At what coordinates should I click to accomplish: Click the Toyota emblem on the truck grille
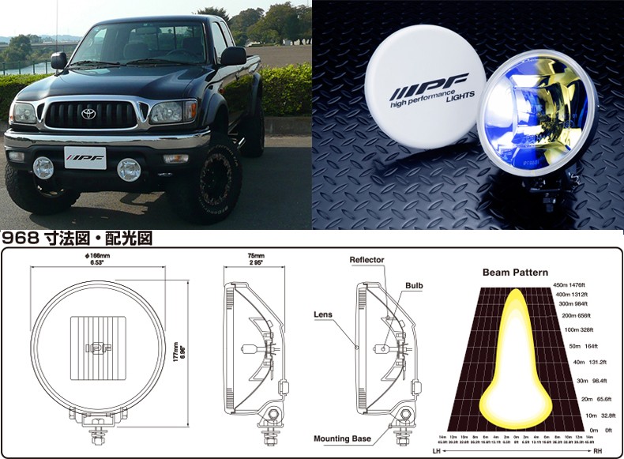pos(88,114)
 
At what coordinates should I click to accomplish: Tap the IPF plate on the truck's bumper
pos(85,158)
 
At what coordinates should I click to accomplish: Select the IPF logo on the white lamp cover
pos(429,82)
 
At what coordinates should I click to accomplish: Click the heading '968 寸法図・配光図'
pos(77,237)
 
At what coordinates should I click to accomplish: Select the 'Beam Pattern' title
pos(514,273)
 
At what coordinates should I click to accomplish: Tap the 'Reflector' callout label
pos(368,259)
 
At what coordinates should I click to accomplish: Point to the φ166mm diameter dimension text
pos(99,260)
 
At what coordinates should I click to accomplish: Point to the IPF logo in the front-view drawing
pos(99,346)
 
